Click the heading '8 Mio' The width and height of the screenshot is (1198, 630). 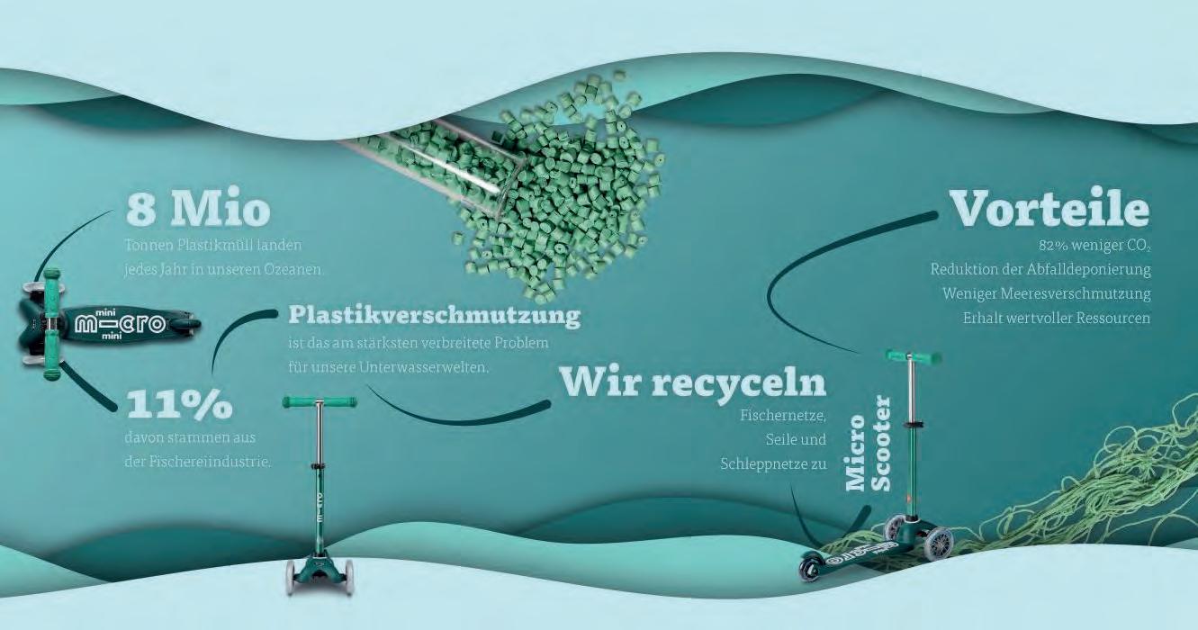coord(198,209)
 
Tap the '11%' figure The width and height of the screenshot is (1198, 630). coord(179,405)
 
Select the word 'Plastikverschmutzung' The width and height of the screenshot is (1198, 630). coord(434,316)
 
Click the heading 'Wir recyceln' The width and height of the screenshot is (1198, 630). coord(692,382)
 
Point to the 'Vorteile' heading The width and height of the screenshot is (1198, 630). coord(1049,209)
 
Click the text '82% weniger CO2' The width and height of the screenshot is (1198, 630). coord(1094,245)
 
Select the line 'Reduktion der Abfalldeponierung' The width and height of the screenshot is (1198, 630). coord(1040,269)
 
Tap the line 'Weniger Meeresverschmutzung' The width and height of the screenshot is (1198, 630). coord(1046,293)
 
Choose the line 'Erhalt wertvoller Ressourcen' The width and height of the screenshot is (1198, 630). coord(1056,318)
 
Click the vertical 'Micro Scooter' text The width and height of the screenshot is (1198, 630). coord(869,443)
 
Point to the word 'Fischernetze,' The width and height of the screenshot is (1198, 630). coord(782,416)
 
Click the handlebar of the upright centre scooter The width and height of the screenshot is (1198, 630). coord(319,401)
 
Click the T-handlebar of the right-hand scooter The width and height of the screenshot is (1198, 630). coord(913,356)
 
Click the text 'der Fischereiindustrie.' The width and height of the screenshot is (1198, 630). coord(198,463)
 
